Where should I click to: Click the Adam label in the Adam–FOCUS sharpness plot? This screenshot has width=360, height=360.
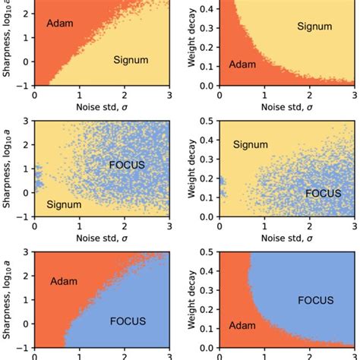[65, 282]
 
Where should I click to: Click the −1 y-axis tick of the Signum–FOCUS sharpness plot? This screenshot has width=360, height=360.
[24, 217]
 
